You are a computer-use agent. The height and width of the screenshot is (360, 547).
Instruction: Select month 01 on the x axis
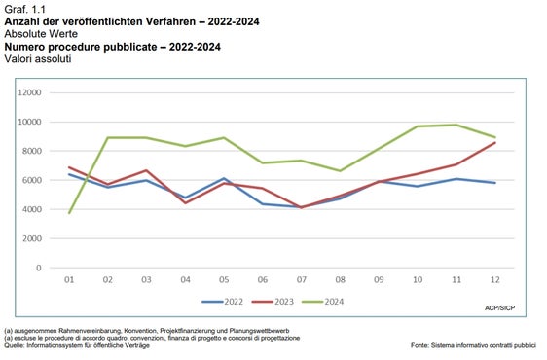[68, 281]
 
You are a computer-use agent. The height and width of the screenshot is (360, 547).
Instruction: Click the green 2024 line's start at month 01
[68, 212]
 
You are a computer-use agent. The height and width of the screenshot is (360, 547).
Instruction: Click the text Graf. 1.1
[26, 8]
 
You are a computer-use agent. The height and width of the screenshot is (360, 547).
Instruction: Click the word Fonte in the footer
[421, 346]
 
